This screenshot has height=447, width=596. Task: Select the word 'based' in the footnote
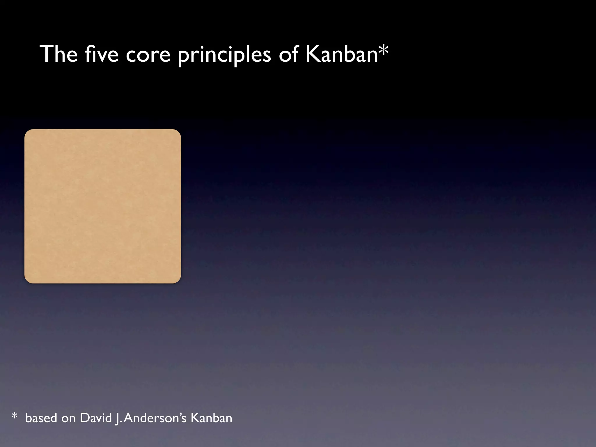coord(41,418)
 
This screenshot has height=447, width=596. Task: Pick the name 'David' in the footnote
coord(96,418)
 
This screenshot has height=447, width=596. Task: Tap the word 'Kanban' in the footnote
coord(211,418)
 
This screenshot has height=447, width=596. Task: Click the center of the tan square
coord(103,206)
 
